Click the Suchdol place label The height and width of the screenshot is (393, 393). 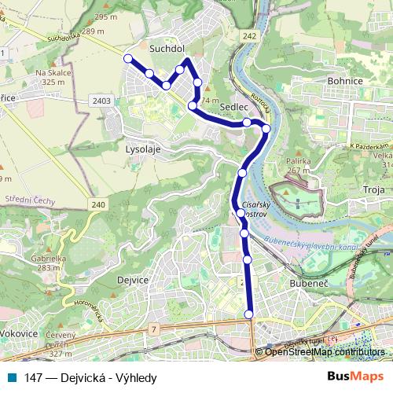(166, 48)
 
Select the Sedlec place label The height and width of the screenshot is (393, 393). (234, 105)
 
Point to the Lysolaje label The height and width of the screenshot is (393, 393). (143, 148)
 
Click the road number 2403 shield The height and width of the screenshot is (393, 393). (100, 101)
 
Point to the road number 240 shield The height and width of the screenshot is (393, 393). (97, 205)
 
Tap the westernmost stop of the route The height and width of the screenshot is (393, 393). (127, 57)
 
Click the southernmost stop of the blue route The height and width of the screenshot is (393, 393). (249, 314)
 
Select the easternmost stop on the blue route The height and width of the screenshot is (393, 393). (266, 128)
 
